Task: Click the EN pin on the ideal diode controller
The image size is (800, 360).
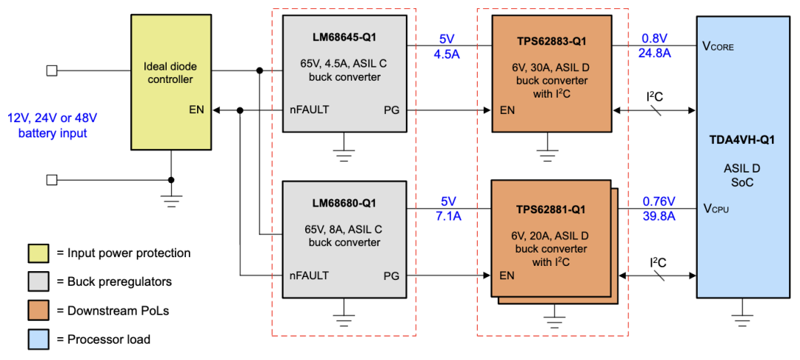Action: point(197,110)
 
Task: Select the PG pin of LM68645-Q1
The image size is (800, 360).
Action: point(391,110)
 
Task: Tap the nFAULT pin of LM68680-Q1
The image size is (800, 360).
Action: point(309,276)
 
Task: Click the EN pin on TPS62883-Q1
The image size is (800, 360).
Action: point(507,110)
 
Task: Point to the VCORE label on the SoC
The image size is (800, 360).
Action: point(719,46)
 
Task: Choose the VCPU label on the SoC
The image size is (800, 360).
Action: point(716,210)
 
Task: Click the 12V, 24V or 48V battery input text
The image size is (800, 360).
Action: point(53,125)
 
